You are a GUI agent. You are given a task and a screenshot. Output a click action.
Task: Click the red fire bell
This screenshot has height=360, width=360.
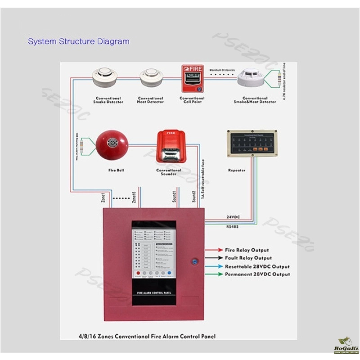(112, 144)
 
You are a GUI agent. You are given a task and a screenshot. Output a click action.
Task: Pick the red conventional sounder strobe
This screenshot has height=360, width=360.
(169, 147)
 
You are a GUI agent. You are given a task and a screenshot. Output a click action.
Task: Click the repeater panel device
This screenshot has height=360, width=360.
(252, 144)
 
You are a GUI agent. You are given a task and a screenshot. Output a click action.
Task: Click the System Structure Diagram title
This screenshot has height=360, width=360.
(79, 42)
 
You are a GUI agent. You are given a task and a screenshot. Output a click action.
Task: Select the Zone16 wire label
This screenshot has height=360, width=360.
(134, 198)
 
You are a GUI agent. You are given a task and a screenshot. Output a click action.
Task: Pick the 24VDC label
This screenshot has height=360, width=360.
(233, 217)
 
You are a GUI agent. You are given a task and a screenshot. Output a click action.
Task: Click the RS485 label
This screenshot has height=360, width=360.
(233, 227)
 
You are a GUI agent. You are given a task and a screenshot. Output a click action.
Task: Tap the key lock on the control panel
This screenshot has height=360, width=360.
(195, 260)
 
